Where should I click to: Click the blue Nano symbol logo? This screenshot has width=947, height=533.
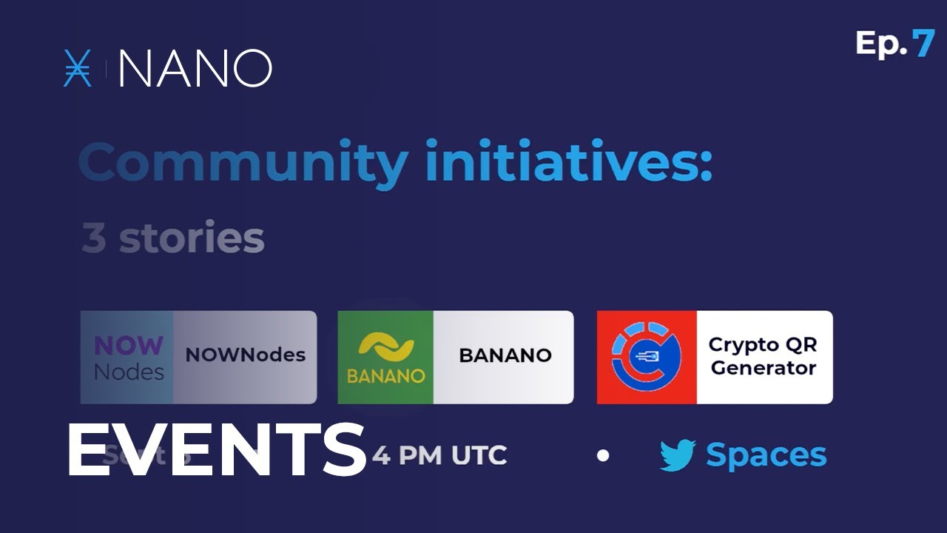click(78, 69)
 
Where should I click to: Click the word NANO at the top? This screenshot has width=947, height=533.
click(195, 69)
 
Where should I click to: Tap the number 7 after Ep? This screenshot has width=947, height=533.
click(923, 44)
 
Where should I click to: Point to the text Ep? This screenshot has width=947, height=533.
click(880, 44)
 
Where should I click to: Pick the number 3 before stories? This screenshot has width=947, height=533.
click(94, 238)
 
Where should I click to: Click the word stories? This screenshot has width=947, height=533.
click(192, 238)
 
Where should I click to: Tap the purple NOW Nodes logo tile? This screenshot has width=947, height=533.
click(127, 358)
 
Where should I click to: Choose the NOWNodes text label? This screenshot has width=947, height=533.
click(245, 355)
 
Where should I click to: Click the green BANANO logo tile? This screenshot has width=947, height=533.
click(385, 358)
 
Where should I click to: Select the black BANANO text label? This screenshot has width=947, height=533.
click(505, 355)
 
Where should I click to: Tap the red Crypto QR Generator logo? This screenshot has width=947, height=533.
click(647, 358)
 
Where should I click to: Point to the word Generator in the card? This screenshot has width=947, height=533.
click(763, 368)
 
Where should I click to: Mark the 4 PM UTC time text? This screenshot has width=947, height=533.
click(439, 455)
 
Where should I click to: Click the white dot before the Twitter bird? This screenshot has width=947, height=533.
click(603, 455)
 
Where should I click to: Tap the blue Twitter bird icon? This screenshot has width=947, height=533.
click(678, 455)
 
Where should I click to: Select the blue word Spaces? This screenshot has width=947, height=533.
click(766, 455)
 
